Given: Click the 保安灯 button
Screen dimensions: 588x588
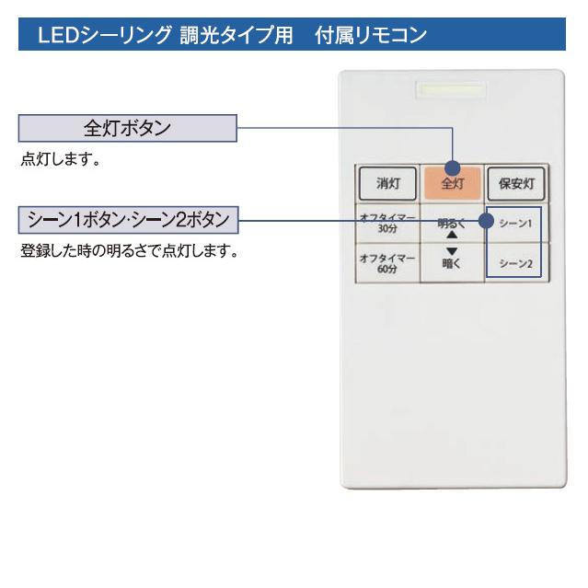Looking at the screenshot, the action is pos(515,183).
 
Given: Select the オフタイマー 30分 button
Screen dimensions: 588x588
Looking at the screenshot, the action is pos(386,224).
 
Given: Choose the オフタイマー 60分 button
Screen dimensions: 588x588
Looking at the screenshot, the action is pos(386,263).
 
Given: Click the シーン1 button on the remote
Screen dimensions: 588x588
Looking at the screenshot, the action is pos(516,224).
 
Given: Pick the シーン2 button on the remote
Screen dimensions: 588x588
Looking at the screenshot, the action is pos(515,263).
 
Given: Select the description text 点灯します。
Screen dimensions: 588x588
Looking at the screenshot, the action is pos(60,159).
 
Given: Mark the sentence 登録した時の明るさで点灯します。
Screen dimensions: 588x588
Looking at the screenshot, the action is pos(129,250).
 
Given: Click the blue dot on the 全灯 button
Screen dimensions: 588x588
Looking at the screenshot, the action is pos(452,168).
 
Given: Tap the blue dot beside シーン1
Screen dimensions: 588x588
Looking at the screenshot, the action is pos(488,222).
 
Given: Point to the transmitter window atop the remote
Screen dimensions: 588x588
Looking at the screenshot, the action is pos(451,92).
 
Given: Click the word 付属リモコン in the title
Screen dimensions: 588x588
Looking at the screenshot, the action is pos(378,37).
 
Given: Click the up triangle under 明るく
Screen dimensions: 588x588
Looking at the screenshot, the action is pos(452,235).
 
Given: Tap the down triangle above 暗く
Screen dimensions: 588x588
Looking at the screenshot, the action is pos(452,251).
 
